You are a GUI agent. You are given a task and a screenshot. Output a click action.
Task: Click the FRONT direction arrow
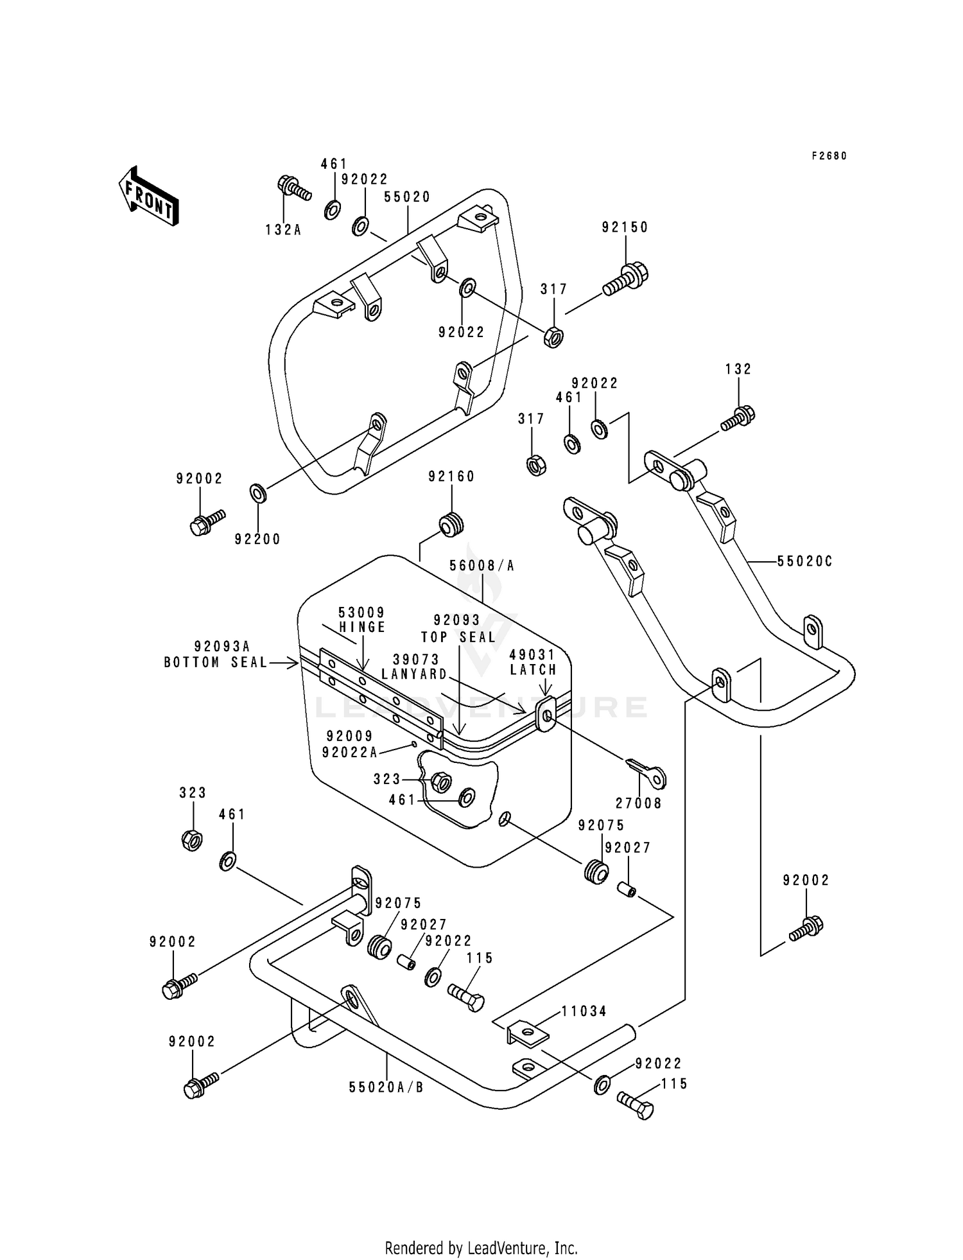[148, 196]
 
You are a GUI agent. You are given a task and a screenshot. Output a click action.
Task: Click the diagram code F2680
[829, 156]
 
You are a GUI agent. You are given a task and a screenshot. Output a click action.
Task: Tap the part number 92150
[625, 227]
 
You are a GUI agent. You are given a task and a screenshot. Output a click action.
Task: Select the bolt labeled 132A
[293, 188]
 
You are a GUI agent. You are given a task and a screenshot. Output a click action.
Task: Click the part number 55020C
[804, 561]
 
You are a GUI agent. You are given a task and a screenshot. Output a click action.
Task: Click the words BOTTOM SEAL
[216, 662]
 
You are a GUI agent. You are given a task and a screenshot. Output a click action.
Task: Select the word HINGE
[363, 627]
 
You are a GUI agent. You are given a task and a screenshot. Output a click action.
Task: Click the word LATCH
[534, 670]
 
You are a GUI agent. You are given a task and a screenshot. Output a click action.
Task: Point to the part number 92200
[257, 539]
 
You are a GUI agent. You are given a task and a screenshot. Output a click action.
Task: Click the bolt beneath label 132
[738, 418]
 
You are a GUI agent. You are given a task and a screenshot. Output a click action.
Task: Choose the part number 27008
[639, 803]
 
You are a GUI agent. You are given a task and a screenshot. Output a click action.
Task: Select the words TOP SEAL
[458, 637]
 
